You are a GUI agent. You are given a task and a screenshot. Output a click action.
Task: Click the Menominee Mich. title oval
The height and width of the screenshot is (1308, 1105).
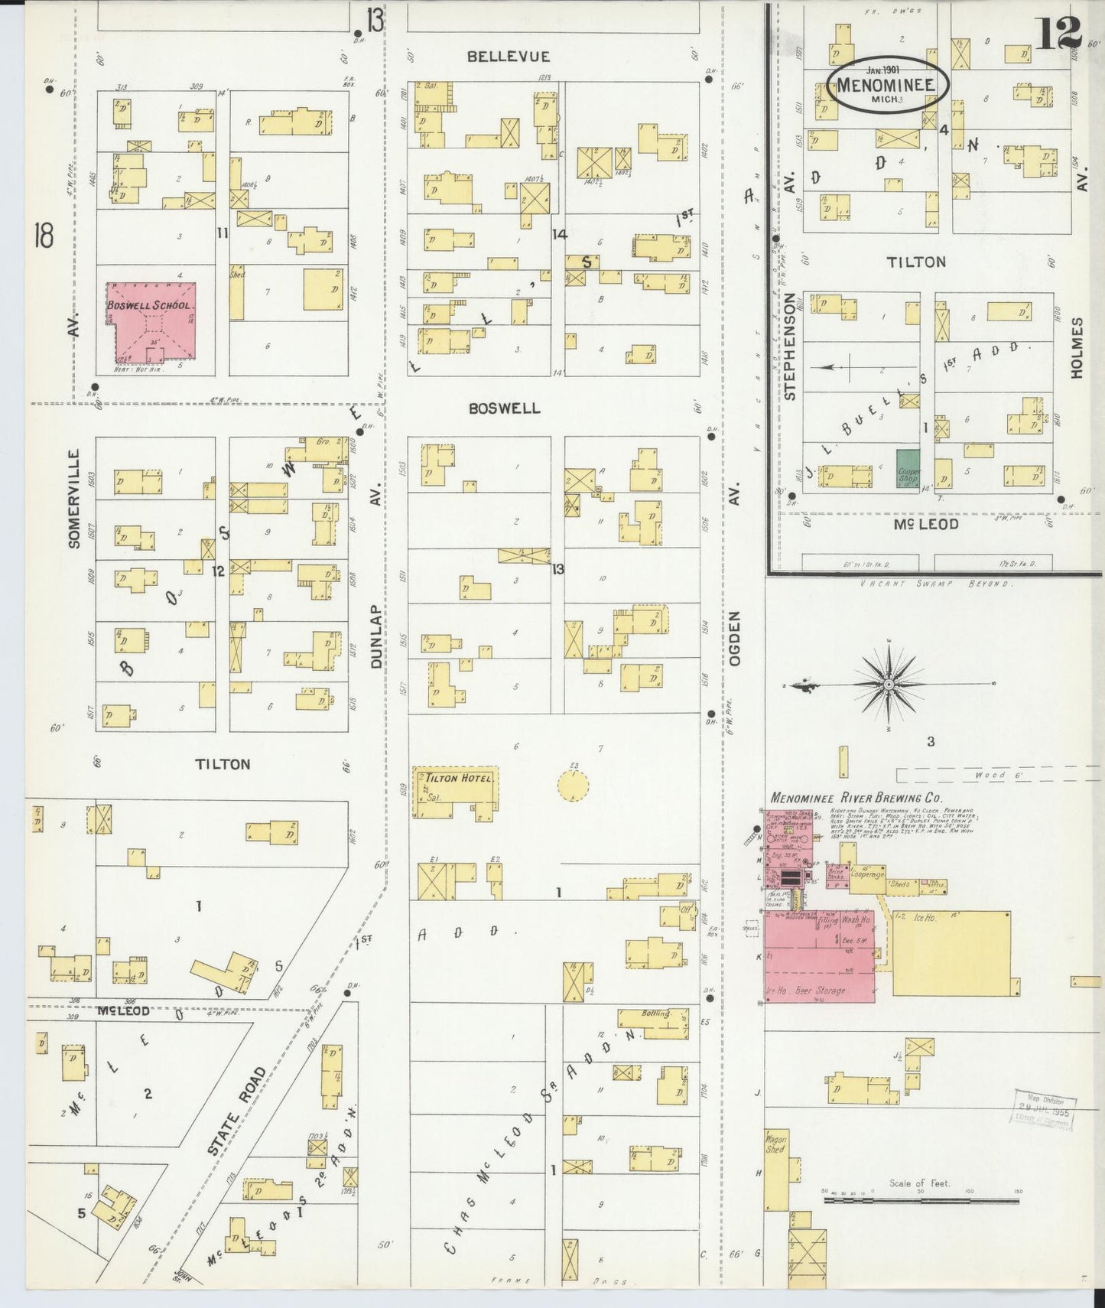[887, 85]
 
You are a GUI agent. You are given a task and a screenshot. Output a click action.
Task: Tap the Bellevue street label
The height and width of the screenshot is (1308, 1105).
[509, 57]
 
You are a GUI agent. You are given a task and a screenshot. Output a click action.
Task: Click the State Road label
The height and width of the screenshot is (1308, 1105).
[236, 1100]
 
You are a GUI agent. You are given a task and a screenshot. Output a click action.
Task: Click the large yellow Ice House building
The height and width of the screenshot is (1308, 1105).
[951, 953]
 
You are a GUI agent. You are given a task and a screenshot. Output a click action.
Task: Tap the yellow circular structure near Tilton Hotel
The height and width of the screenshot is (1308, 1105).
[572, 786]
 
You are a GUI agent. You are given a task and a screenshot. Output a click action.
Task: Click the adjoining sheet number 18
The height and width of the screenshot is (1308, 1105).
[42, 236]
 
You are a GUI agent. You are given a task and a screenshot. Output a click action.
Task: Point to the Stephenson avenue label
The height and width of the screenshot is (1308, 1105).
[790, 348]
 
